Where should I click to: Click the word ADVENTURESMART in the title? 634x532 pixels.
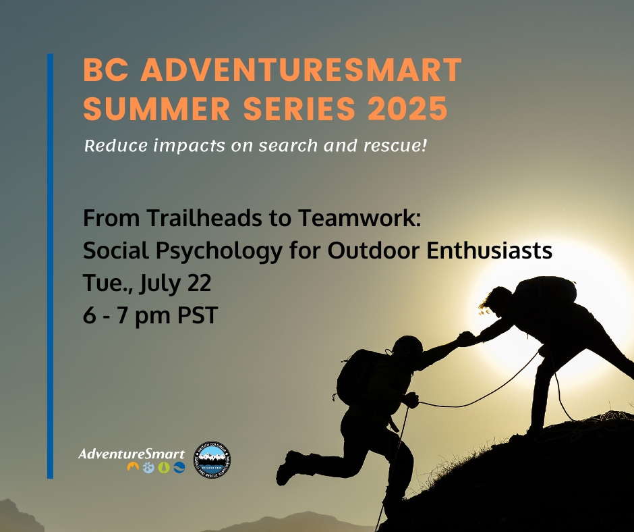pos(301,70)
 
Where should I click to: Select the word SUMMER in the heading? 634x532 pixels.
pos(157,109)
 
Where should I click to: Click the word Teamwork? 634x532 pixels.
pos(359,217)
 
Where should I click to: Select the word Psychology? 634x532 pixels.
pos(219,251)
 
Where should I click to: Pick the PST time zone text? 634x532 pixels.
pos(198,315)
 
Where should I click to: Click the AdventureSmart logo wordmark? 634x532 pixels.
pos(132,454)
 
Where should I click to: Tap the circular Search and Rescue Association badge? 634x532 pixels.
pos(212,459)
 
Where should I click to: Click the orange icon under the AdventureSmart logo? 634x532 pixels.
pos(133,467)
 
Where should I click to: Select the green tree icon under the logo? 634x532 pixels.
pos(164,467)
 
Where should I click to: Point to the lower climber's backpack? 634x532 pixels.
pos(356,377)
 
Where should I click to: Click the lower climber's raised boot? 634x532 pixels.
pos(288,468)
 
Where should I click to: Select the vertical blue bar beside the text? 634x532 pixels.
pos(50,266)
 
